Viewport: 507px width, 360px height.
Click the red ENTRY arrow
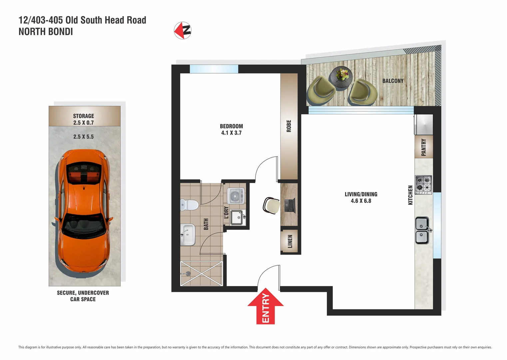click(265, 306)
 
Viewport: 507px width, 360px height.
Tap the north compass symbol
click(183, 31)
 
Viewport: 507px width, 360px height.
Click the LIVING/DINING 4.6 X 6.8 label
click(361, 197)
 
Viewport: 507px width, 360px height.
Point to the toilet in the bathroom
click(189, 204)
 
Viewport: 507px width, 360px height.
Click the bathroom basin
click(188, 234)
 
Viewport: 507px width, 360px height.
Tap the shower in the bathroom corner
click(201, 274)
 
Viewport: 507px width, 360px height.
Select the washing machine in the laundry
click(236, 196)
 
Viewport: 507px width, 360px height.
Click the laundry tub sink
click(238, 218)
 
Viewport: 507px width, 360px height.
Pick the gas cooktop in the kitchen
click(423, 185)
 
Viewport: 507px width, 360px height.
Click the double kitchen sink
click(422, 230)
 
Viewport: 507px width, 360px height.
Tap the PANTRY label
click(423, 147)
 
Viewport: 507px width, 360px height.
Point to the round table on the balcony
click(340, 77)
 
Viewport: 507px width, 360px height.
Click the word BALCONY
click(393, 81)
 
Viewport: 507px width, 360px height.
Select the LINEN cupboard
click(290, 241)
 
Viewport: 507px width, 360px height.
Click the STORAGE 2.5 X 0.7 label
click(84, 119)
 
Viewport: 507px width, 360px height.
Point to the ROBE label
click(289, 126)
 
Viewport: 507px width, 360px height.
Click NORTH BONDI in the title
click(46, 32)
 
